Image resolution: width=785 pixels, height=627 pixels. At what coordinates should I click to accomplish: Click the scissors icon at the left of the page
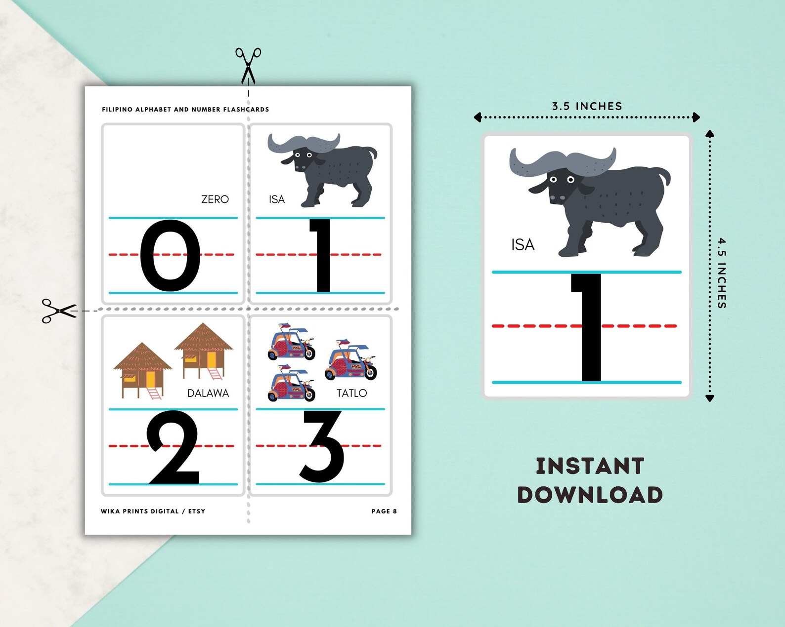(x=59, y=311)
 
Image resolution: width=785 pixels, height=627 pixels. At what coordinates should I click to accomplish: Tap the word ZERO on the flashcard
(x=215, y=199)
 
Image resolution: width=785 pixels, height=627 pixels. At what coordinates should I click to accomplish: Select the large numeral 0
(x=170, y=255)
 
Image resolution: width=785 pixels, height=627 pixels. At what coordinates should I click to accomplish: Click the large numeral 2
(x=174, y=447)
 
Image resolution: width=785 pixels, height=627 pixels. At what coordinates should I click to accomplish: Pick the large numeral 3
(x=322, y=446)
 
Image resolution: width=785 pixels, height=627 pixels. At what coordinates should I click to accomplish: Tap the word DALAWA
(x=208, y=393)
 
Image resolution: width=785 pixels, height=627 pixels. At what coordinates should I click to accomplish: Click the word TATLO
(x=351, y=393)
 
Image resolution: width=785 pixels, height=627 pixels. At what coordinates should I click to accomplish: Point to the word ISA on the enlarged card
(x=523, y=245)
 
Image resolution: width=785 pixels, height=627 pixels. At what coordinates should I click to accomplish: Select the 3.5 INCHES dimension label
(x=587, y=106)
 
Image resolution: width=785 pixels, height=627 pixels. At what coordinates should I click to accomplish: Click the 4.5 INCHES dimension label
(x=722, y=273)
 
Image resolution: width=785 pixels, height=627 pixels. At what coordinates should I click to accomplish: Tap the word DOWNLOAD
(x=590, y=495)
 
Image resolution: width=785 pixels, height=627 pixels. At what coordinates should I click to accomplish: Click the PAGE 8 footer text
(x=384, y=511)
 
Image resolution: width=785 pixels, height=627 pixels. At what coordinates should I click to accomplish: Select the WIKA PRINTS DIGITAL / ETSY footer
(x=153, y=511)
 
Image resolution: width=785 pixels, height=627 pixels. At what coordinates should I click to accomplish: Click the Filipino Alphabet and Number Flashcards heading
(x=185, y=110)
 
